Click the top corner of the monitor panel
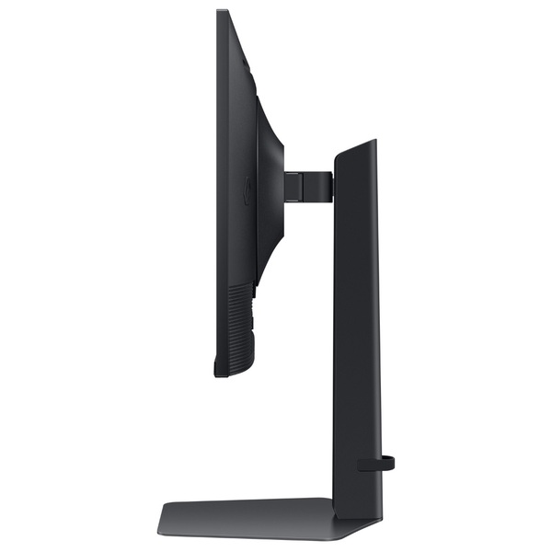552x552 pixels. click(221, 12)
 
